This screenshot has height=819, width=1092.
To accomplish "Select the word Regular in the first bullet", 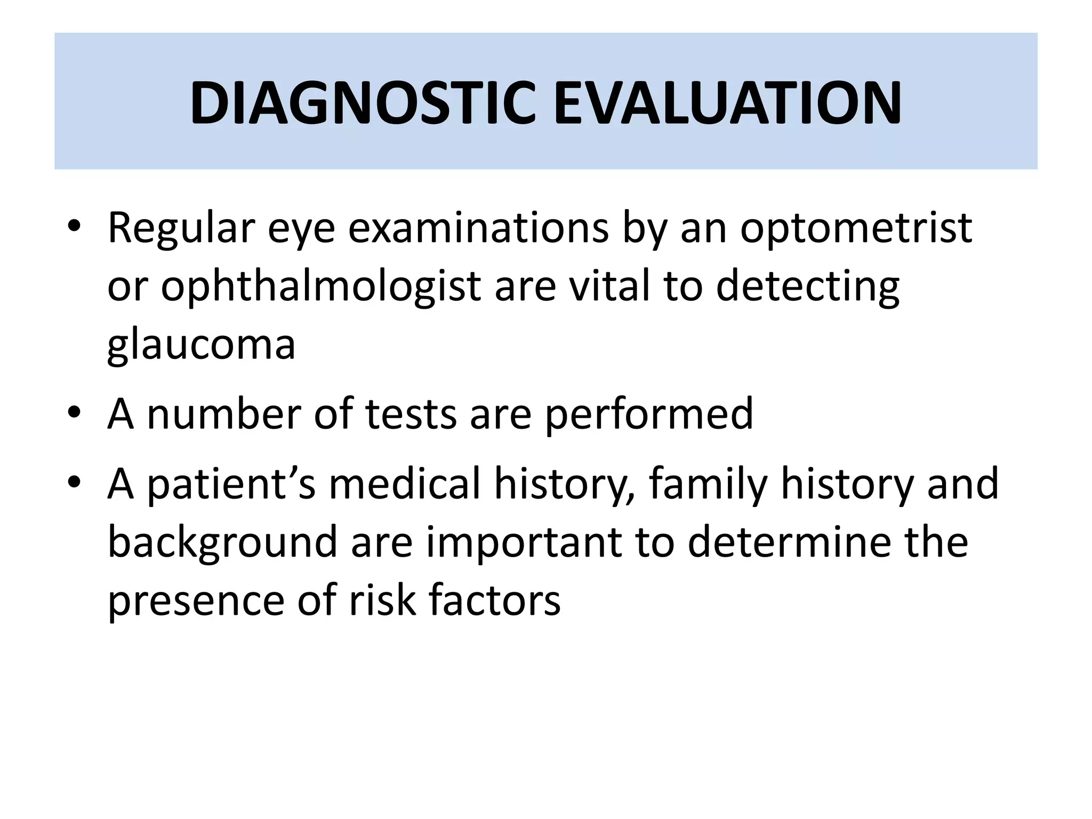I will pyautogui.click(x=181, y=228).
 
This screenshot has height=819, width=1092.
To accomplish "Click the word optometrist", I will pyautogui.click(x=856, y=228).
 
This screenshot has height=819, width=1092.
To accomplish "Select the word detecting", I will pyautogui.click(x=807, y=287).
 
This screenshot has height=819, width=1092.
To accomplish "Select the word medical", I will pyautogui.click(x=405, y=483).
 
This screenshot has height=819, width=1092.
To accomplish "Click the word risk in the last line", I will pyautogui.click(x=382, y=600).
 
